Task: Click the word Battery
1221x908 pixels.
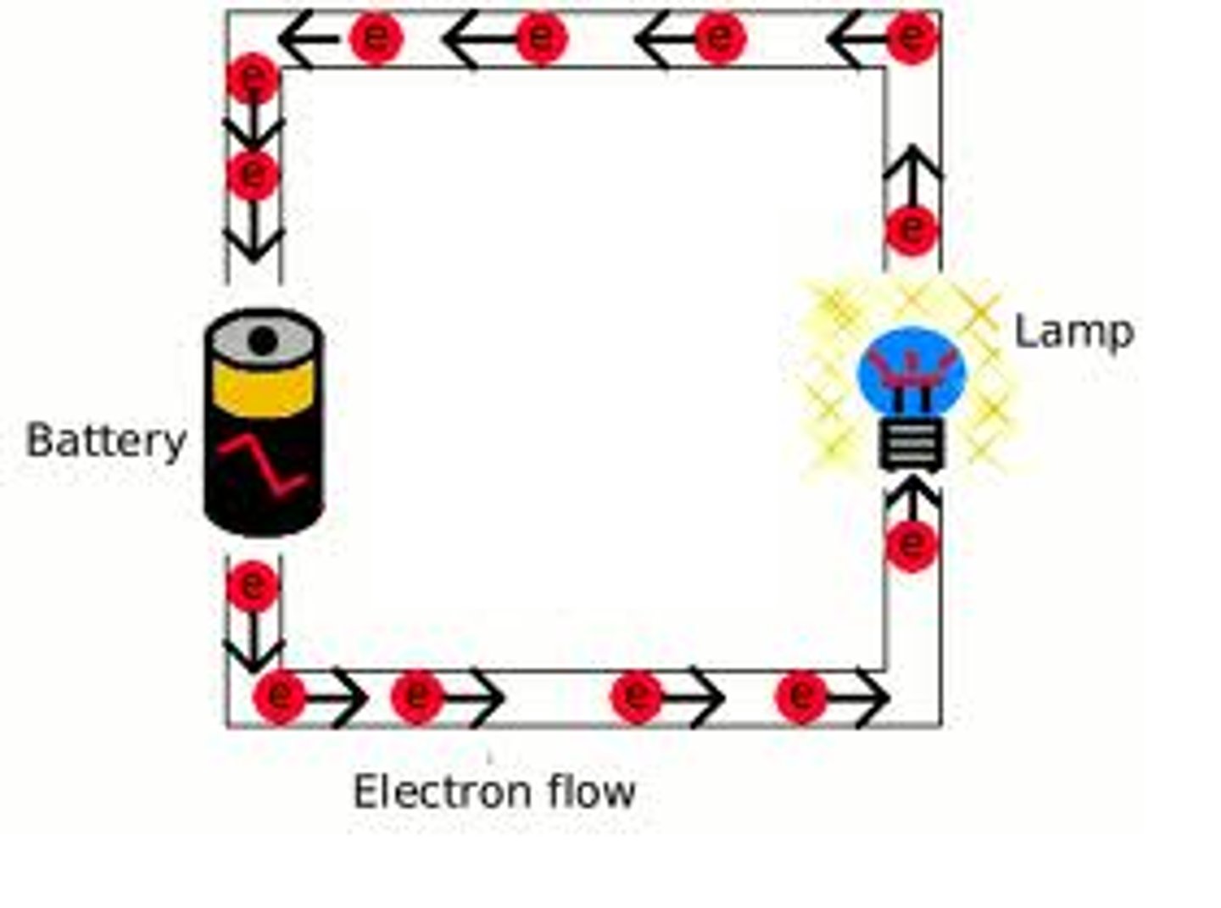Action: click(x=106, y=441)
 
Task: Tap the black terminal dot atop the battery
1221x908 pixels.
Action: click(x=263, y=341)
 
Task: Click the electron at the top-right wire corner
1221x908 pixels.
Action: click(x=912, y=37)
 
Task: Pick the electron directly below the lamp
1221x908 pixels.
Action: click(x=912, y=543)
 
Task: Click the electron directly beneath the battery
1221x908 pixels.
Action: click(x=253, y=585)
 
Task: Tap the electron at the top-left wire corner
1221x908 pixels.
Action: click(x=253, y=78)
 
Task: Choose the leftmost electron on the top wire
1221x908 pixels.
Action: click(x=376, y=37)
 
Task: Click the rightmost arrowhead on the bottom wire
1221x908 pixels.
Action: click(x=873, y=698)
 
